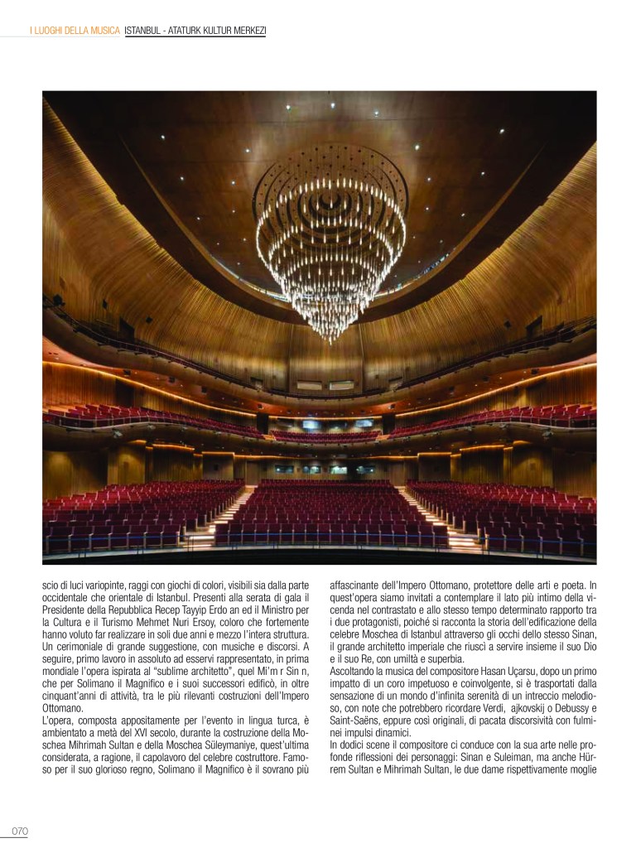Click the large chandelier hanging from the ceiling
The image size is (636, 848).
[330, 240]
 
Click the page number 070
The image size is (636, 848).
[20, 831]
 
